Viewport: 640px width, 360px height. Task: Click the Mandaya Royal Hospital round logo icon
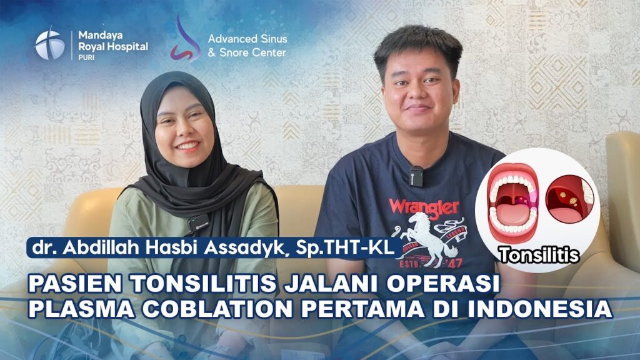click(49, 44)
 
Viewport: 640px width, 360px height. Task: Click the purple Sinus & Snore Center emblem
click(184, 39)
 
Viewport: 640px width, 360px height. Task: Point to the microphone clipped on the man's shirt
click(416, 176)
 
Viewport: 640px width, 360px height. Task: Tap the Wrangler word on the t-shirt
click(424, 206)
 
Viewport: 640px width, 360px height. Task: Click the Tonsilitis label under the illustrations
click(539, 255)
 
